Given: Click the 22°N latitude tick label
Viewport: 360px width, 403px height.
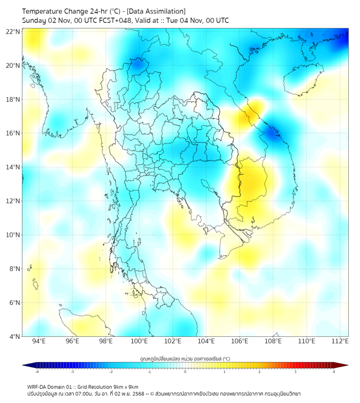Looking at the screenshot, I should tap(13, 31).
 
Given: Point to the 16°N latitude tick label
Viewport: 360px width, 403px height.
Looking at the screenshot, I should tap(13, 133).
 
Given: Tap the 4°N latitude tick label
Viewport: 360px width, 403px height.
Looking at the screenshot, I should tap(14, 336).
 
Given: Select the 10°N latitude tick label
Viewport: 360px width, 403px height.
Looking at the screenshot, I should tap(13, 235).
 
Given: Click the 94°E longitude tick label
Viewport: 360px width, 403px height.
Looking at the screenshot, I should tap(39, 341).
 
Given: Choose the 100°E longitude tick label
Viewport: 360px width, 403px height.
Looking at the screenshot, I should tap(140, 341).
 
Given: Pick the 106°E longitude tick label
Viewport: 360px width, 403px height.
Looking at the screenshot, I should tap(240, 341).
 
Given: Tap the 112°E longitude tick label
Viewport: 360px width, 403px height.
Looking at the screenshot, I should tap(340, 341).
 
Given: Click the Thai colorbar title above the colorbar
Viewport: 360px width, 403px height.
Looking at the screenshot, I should tap(185, 358).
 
